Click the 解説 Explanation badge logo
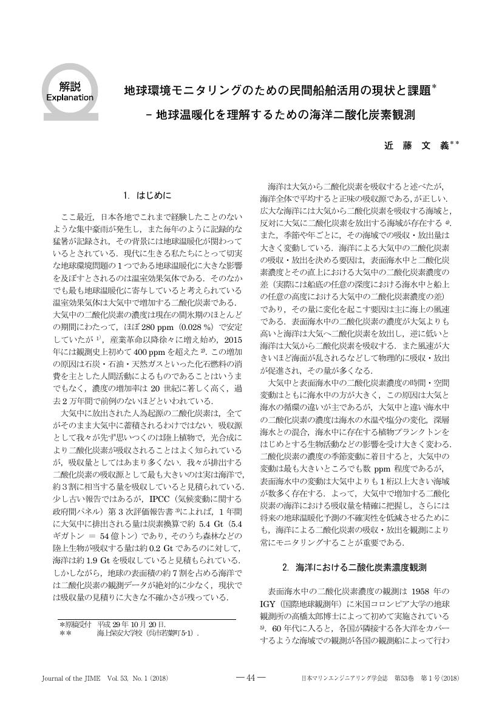pos(70,92)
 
